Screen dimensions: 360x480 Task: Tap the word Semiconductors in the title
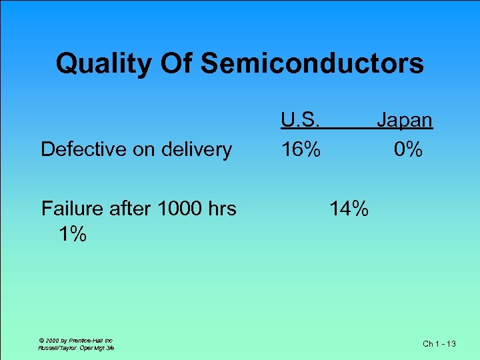click(x=312, y=64)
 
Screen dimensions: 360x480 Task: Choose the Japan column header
click(x=405, y=121)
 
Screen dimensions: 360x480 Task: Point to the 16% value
click(x=300, y=149)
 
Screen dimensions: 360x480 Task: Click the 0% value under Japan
click(x=407, y=149)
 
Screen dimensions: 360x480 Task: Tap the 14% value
click(x=349, y=209)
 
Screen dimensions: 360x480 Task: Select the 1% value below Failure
click(x=72, y=234)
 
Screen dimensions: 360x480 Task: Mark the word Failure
click(x=71, y=209)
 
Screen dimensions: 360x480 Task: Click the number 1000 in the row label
click(x=178, y=209)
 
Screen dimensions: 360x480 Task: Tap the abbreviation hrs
click(x=221, y=209)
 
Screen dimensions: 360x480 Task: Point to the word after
click(x=129, y=209)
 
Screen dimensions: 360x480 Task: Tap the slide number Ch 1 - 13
click(x=439, y=344)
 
